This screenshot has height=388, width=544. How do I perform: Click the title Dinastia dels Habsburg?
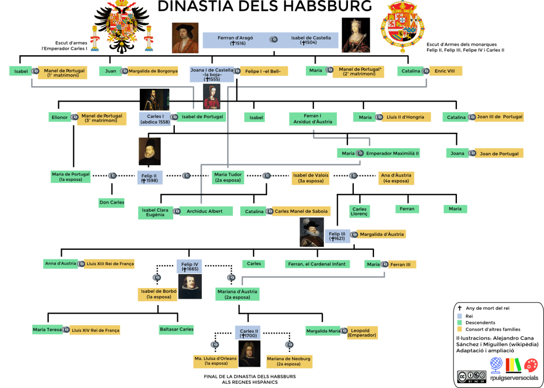[x=265, y=6]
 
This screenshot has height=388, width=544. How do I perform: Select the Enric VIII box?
[x=446, y=71]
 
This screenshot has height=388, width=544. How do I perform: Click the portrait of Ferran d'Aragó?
[x=185, y=38]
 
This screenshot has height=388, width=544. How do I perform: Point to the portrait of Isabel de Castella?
[x=355, y=35]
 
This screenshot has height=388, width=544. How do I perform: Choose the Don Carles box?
[x=112, y=203]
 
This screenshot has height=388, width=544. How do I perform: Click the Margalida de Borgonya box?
[x=152, y=71]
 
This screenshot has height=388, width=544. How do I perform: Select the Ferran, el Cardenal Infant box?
[x=317, y=264]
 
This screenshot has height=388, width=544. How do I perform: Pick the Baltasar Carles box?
[x=176, y=329]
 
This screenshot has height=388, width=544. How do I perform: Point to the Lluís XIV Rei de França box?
[x=95, y=330]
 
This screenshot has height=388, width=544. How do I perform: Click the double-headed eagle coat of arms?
[x=122, y=28]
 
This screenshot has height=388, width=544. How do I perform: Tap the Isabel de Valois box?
[x=310, y=178]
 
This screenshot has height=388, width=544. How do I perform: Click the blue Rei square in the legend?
[x=460, y=316]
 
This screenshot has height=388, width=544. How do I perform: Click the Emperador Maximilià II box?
[x=393, y=153]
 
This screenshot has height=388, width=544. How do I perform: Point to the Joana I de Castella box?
[x=211, y=74]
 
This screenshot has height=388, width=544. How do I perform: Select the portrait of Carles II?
[x=249, y=353]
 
